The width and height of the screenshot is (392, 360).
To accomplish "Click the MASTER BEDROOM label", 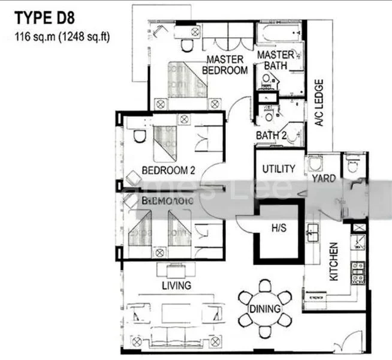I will click(225, 65).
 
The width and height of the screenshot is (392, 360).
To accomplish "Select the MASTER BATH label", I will click(276, 60).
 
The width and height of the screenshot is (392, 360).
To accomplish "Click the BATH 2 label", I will click(271, 136).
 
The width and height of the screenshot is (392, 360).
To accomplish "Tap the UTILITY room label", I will click(279, 169).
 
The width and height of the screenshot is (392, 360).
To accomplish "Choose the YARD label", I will click(324, 179).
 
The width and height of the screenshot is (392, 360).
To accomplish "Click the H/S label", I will click(278, 229).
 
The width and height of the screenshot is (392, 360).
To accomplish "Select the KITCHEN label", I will click(334, 262).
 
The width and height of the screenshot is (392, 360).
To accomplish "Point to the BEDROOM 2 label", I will click(168, 170).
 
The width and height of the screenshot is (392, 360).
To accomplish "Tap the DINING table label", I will click(264, 309).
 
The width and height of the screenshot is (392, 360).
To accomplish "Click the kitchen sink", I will click(312, 232).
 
